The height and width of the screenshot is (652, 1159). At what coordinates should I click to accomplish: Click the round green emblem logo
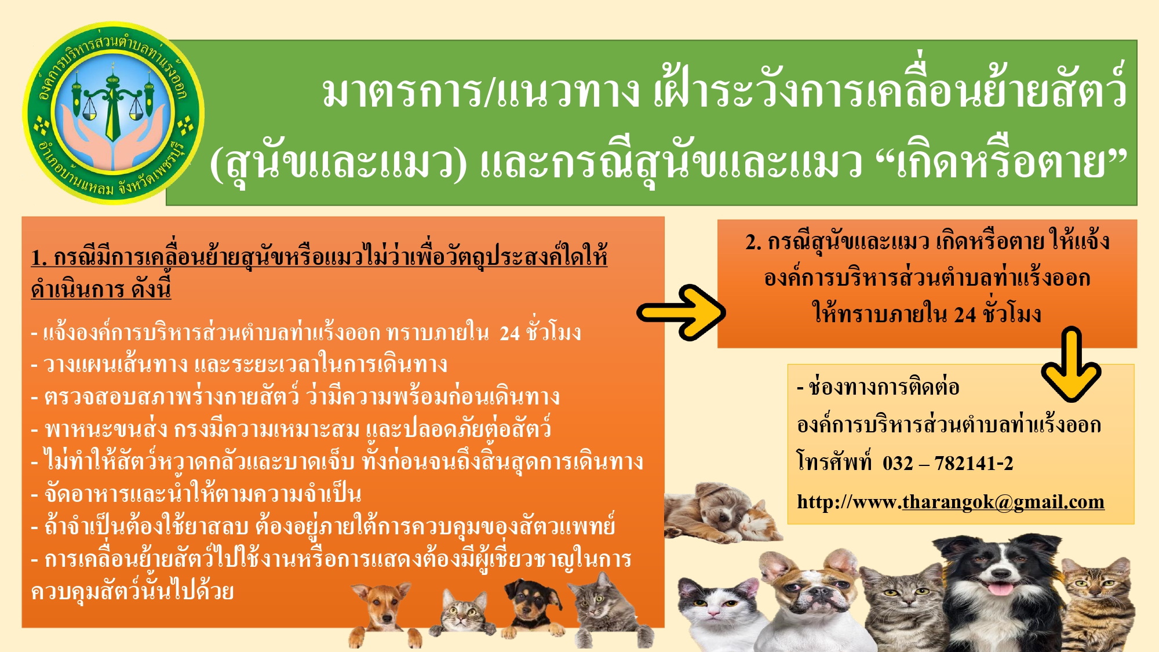[114, 113]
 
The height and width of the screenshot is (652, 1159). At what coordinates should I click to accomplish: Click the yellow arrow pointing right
[681, 312]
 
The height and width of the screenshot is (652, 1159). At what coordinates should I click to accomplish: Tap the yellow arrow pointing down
[1071, 364]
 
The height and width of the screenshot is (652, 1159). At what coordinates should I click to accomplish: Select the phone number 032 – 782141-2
[948, 463]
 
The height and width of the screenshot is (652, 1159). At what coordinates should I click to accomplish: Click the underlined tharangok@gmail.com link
[1003, 501]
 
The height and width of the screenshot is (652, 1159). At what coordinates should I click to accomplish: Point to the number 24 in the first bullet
[510, 333]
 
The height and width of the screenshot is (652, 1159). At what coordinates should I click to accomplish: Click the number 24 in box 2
[965, 315]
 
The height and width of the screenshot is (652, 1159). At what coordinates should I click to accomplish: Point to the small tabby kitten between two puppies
[464, 613]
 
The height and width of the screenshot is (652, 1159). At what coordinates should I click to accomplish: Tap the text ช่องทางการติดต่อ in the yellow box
[884, 387]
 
